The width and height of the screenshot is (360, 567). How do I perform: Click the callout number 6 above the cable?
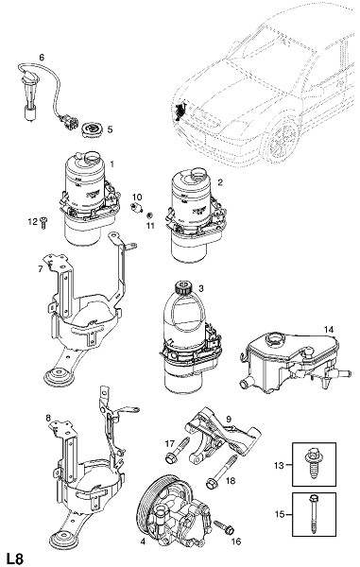(x=42, y=57)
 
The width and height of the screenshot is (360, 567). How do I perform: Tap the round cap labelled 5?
(x=93, y=130)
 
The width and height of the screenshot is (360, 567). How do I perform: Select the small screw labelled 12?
(x=44, y=223)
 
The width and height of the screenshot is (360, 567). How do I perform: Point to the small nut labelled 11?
(x=149, y=216)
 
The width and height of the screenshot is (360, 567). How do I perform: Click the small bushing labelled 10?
(x=136, y=207)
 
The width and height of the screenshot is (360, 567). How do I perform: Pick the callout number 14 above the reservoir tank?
(x=329, y=330)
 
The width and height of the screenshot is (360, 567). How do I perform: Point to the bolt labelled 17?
(x=178, y=450)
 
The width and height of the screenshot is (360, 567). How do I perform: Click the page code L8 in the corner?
(x=14, y=558)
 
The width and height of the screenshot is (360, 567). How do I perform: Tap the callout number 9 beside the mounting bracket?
(x=229, y=419)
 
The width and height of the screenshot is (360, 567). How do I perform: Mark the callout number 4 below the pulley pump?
(x=143, y=541)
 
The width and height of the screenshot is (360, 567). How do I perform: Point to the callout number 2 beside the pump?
(x=220, y=182)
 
